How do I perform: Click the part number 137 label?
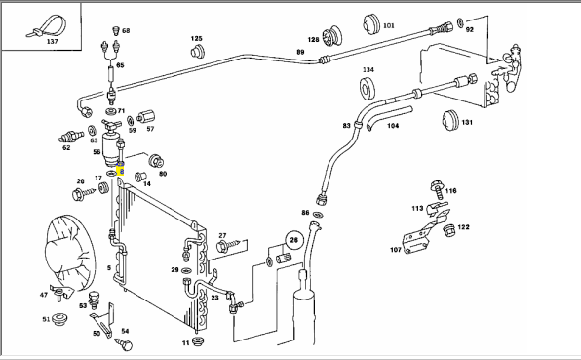point(53,42)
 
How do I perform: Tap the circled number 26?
point(293,240)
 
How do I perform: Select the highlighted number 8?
point(121,172)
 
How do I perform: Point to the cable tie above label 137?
point(46,26)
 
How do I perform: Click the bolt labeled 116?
point(438,189)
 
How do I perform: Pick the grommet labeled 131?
point(450,120)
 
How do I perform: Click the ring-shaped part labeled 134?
point(368,88)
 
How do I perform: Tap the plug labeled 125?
point(198,51)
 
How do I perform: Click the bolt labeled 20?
point(84,193)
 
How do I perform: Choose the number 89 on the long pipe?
point(300,53)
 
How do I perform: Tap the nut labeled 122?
point(449,230)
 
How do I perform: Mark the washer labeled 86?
point(318,214)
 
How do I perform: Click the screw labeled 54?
point(124,344)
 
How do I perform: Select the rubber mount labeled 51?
point(58,319)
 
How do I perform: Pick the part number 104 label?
point(393,126)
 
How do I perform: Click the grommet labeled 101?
point(371,24)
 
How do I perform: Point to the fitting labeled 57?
point(145,117)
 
